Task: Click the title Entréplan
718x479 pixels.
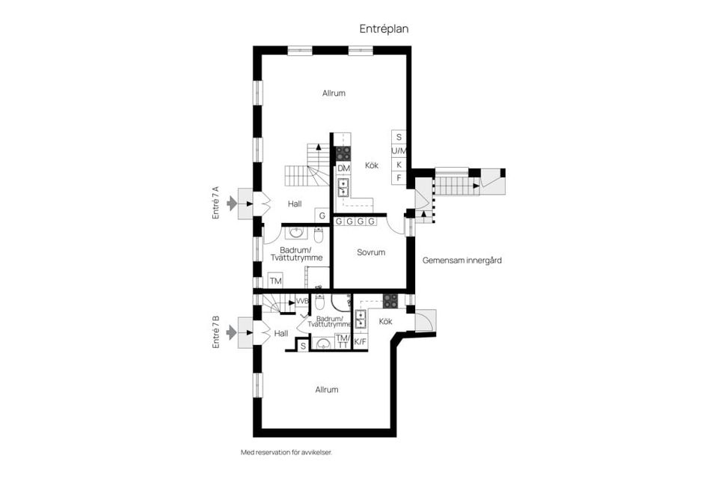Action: pyautogui.click(x=384, y=28)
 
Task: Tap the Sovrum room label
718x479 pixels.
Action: pyautogui.click(x=370, y=252)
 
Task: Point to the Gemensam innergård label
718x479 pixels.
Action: pyautogui.click(x=461, y=260)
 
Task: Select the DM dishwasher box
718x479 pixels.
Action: pyautogui.click(x=343, y=168)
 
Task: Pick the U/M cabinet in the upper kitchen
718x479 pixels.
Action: pyautogui.click(x=399, y=151)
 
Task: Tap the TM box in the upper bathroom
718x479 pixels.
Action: pyautogui.click(x=276, y=281)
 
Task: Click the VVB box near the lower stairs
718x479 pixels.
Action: pyautogui.click(x=302, y=301)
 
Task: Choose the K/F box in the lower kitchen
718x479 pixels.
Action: pyautogui.click(x=360, y=342)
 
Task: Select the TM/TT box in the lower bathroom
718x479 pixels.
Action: pyautogui.click(x=343, y=341)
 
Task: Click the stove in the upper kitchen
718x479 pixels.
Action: pyautogui.click(x=343, y=153)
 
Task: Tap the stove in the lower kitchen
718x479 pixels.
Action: pyautogui.click(x=390, y=300)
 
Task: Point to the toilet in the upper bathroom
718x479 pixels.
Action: pyautogui.click(x=318, y=235)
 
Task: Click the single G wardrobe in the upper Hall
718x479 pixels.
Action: pyautogui.click(x=322, y=216)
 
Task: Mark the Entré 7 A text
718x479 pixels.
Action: pyautogui.click(x=215, y=202)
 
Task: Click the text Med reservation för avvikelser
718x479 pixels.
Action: pyautogui.click(x=286, y=452)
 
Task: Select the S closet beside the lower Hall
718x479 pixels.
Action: pyautogui.click(x=302, y=346)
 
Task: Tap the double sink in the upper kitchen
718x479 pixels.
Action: pyautogui.click(x=343, y=186)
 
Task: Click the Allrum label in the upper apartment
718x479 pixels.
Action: pyautogui.click(x=334, y=94)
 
